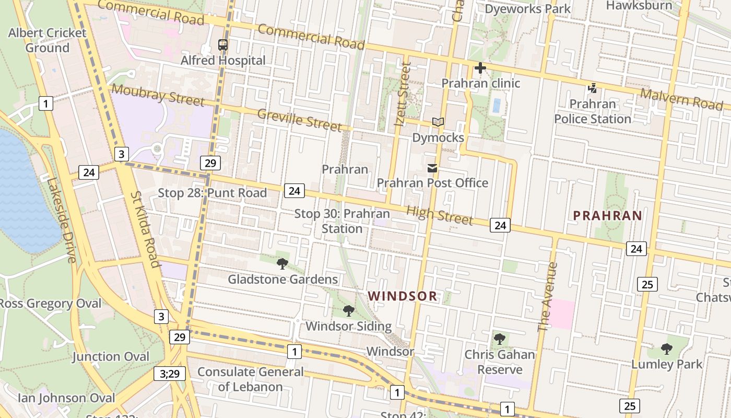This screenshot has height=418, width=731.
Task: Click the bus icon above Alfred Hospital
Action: pyautogui.click(x=223, y=45)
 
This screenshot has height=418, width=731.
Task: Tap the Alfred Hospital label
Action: pyautogui.click(x=223, y=61)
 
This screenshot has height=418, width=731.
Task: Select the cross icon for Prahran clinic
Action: pyautogui.click(x=480, y=68)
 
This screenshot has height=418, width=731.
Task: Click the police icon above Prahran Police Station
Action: pyautogui.click(x=592, y=88)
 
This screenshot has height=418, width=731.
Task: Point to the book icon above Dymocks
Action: pyautogui.click(x=438, y=122)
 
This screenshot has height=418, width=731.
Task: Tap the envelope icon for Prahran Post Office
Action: pyautogui.click(x=432, y=168)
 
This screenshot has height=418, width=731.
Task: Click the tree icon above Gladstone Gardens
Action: pyautogui.click(x=282, y=264)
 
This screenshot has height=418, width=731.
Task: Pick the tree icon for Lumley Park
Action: pyautogui.click(x=667, y=349)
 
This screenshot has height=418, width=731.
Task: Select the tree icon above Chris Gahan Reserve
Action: pyautogui.click(x=500, y=339)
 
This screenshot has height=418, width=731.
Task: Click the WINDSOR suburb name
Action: pyautogui.click(x=403, y=296)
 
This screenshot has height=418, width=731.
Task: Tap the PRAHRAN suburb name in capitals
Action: pyautogui.click(x=607, y=216)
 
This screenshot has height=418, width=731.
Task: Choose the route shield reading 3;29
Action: pyautogui.click(x=170, y=374)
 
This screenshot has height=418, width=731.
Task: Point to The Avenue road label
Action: pyautogui.click(x=548, y=297)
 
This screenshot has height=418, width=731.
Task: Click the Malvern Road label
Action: pyautogui.click(x=681, y=99)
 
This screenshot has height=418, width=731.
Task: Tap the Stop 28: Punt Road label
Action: pyautogui.click(x=213, y=193)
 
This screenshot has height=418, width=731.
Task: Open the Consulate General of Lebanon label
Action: pyautogui.click(x=250, y=379)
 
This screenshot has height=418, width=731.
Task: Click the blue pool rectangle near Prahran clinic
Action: pyautogui.click(x=497, y=106)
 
